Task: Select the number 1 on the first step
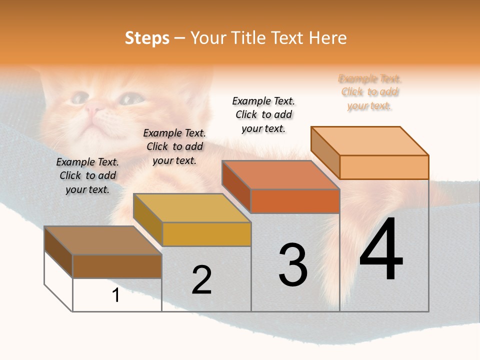coord(116,295)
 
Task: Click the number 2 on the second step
coord(201,280)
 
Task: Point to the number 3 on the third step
coord(292,265)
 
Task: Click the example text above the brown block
coord(87,175)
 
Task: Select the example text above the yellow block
coord(174,146)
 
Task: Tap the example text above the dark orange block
coord(263,114)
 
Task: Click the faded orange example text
coord(369,92)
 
